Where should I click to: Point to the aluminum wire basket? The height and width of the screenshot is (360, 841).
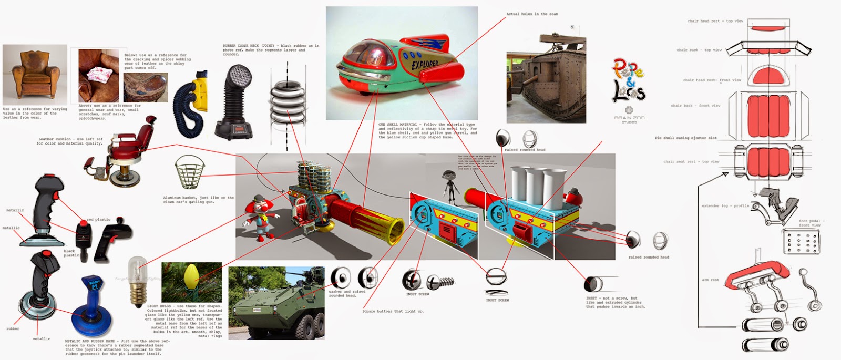click(190, 171)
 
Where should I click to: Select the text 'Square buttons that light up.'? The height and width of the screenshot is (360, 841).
click(393, 311)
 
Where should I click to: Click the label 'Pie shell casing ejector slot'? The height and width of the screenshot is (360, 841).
click(685, 138)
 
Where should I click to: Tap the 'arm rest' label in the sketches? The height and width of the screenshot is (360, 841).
click(710, 280)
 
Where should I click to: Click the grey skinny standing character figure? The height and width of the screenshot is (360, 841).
click(448, 187)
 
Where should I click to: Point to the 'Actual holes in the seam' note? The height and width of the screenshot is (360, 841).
click(532, 14)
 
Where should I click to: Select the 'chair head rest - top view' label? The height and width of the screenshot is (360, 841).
click(715, 21)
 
